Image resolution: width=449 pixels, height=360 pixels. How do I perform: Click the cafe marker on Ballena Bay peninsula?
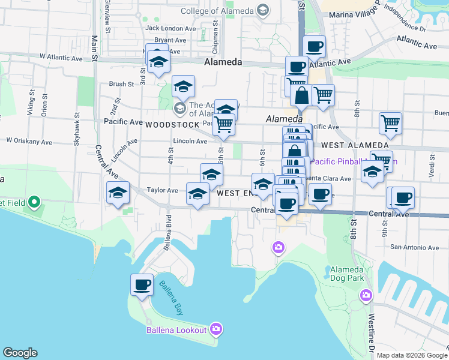click(x=142, y=284)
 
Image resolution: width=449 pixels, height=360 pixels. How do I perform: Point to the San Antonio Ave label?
click(x=415, y=247)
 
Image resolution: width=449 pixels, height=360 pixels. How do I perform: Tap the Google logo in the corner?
click(x=20, y=353)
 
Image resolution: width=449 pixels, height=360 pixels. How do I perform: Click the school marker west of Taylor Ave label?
click(x=118, y=193)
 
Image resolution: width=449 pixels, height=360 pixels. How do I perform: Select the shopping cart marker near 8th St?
click(x=390, y=124)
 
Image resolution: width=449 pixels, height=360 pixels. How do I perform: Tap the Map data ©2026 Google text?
click(x=412, y=355)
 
